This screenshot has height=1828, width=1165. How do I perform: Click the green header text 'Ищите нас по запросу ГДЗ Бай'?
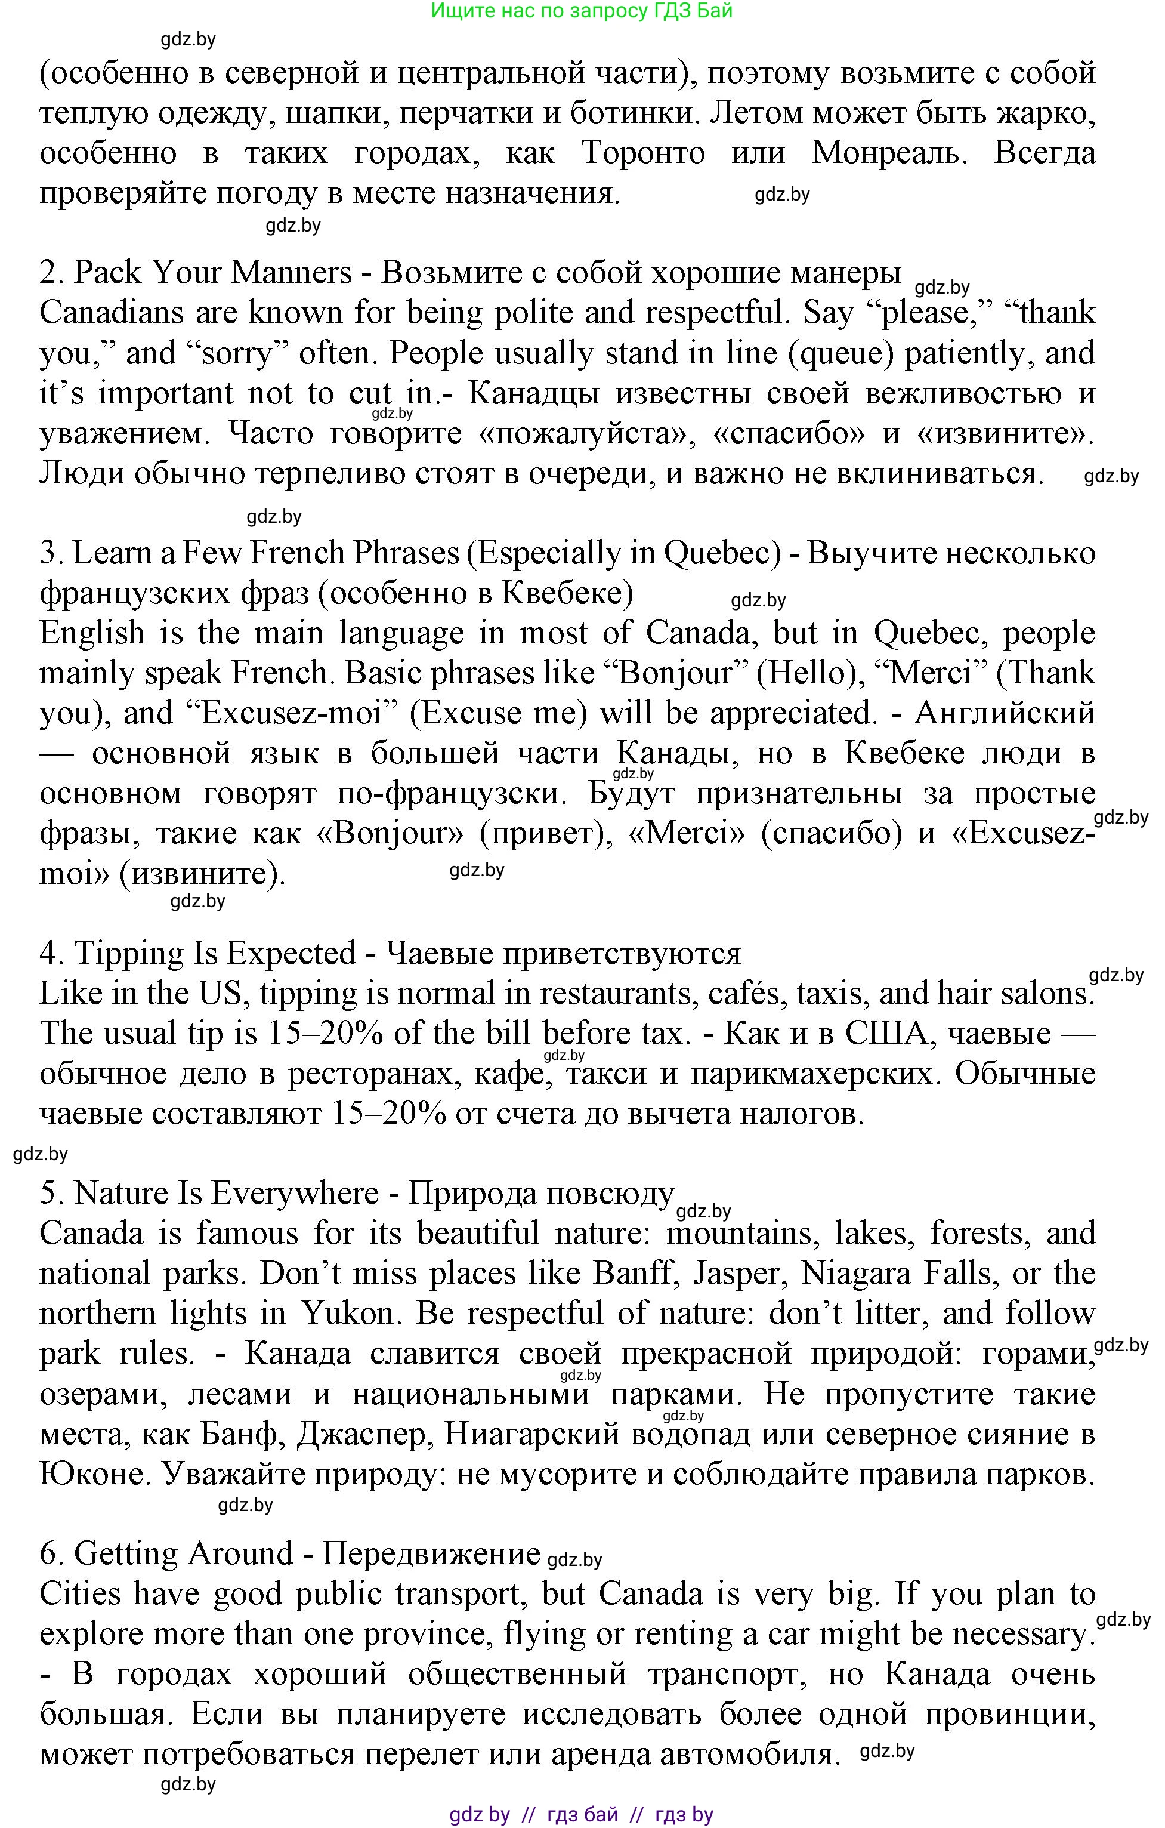[582, 11]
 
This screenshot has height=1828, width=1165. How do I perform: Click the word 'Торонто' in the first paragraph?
[644, 153]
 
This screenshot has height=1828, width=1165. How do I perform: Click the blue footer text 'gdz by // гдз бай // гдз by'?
[582, 1814]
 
